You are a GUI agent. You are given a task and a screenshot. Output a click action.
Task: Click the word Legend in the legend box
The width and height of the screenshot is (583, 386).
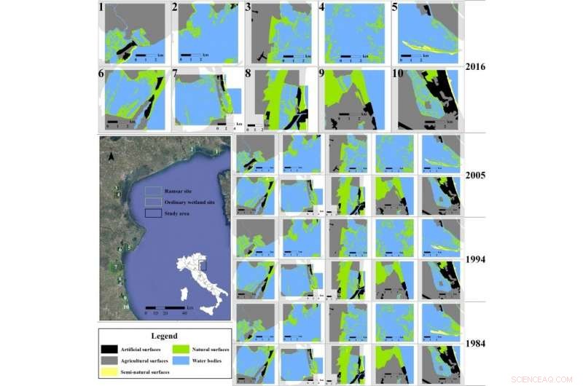tap(165, 336)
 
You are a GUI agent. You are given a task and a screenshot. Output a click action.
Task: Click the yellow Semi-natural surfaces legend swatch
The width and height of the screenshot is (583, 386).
tap(111, 372)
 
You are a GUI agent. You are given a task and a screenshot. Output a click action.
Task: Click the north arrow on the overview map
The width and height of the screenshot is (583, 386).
tap(110, 155)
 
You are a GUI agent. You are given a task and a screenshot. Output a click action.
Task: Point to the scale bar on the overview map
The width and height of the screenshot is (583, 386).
tap(165, 307)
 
